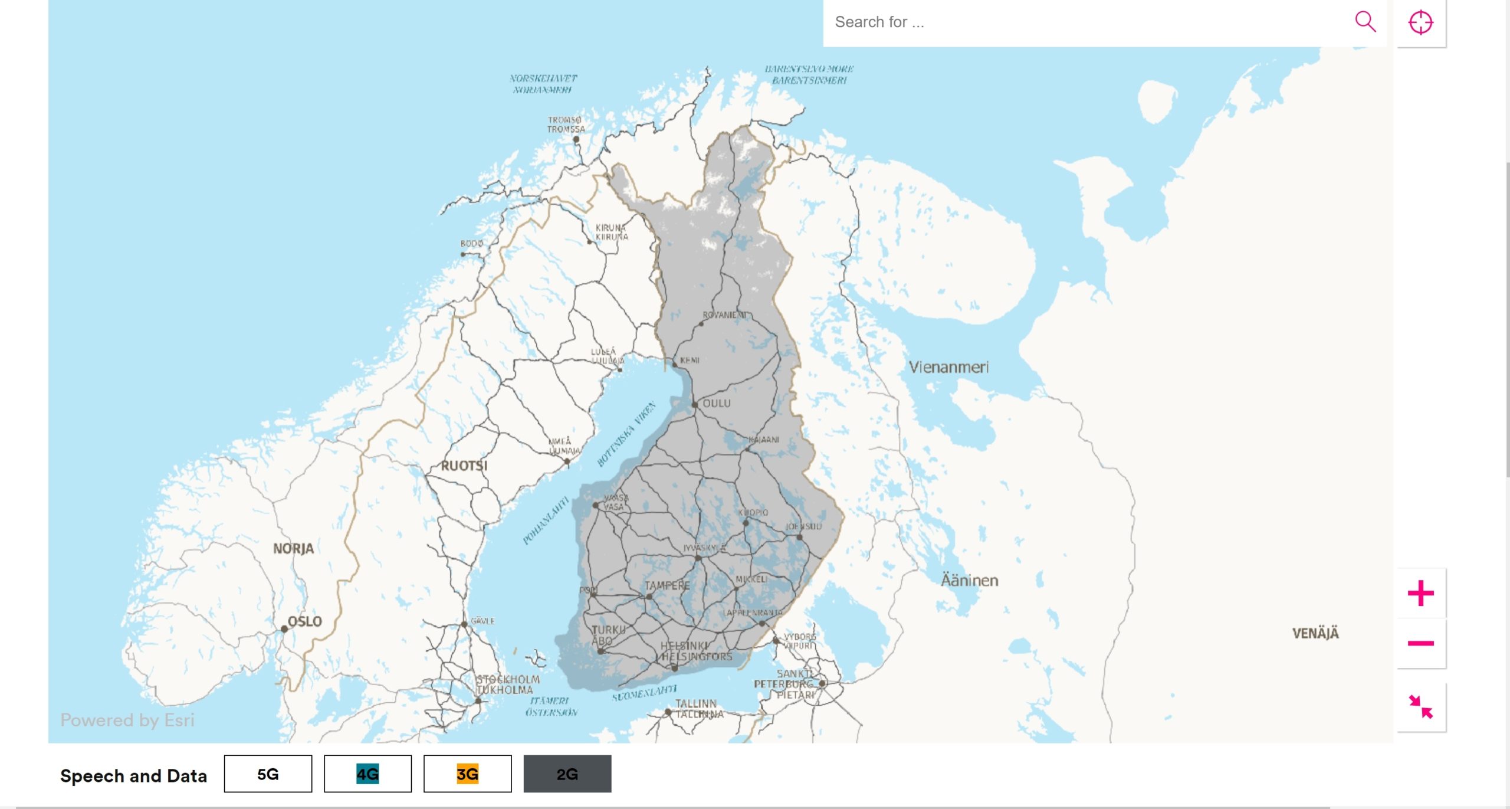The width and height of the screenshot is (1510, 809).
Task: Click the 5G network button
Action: (x=268, y=774)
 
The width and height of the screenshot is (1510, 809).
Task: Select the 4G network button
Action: (x=367, y=774)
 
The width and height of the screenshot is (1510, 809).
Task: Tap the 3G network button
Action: (x=467, y=774)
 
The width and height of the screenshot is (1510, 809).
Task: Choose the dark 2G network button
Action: (x=567, y=774)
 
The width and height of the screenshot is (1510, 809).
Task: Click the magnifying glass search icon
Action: (x=1365, y=22)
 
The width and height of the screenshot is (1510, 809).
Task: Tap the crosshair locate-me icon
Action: (x=1420, y=22)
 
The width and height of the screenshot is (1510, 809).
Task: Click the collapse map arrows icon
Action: (x=1420, y=706)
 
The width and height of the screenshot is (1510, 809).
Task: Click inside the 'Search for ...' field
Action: (x=1085, y=22)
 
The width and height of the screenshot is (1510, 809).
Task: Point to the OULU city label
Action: (x=717, y=403)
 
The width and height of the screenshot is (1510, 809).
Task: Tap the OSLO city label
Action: (x=304, y=621)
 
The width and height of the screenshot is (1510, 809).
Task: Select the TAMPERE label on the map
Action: (x=667, y=585)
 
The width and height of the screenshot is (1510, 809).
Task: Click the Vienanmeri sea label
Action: (x=948, y=367)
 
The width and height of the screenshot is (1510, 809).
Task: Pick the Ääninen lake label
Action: (x=969, y=581)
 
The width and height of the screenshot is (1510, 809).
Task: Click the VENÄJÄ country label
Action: (x=1315, y=633)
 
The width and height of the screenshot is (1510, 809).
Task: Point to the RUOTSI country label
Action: (x=464, y=466)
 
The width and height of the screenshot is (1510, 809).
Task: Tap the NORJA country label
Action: (x=293, y=549)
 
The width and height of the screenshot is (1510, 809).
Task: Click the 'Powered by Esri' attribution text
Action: (x=127, y=720)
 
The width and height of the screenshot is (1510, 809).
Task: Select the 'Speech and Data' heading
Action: (x=133, y=775)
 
